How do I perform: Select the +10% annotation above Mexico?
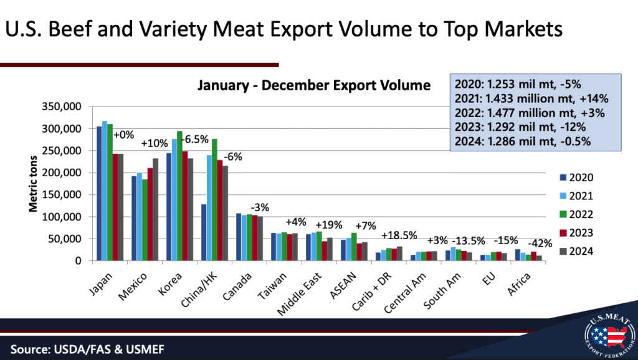tap(153, 144)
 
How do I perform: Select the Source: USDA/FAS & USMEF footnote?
tap(87, 348)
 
